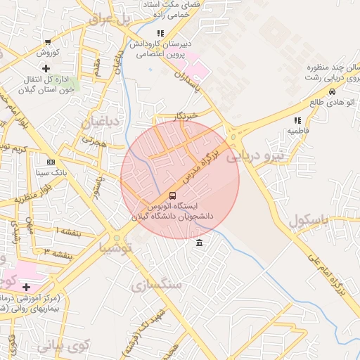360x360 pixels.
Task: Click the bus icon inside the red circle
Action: [x=172, y=195]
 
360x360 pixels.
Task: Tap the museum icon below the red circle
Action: [x=200, y=243]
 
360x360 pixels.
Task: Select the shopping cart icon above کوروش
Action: [x=47, y=42]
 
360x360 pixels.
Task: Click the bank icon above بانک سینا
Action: [x=50, y=162]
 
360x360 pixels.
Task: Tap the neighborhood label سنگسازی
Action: [x=156, y=284]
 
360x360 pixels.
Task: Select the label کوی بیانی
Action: [x=63, y=345]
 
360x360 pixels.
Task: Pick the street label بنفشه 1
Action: [x=68, y=232]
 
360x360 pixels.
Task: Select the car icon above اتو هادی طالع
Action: [x=332, y=91]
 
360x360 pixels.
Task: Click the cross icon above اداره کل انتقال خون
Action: [x=46, y=68]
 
